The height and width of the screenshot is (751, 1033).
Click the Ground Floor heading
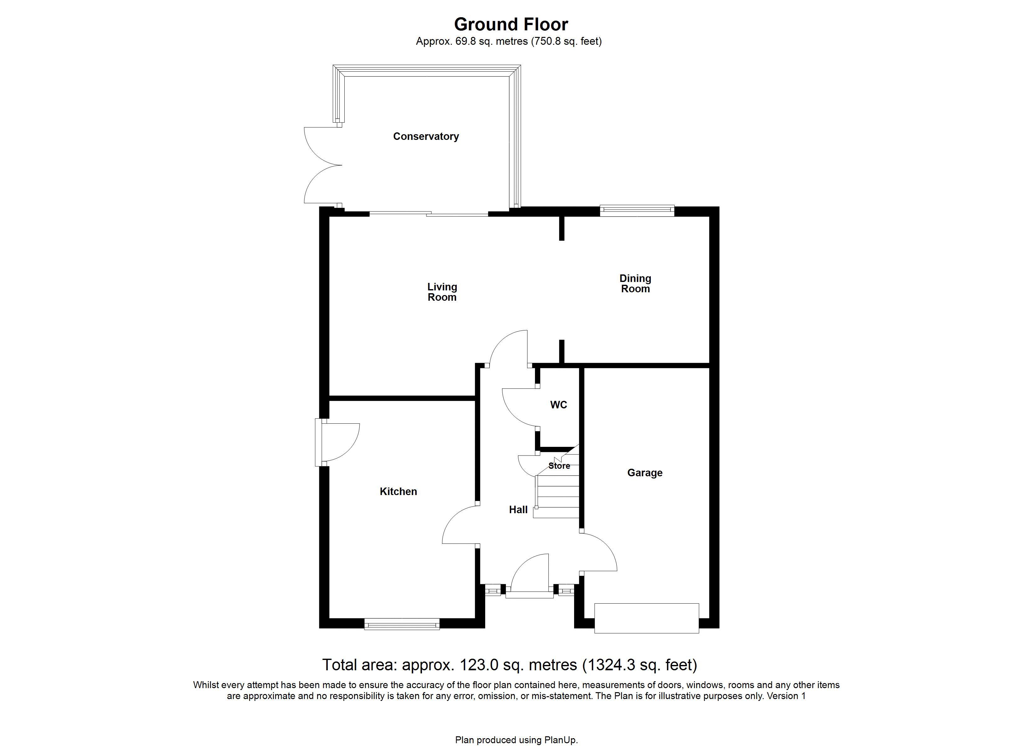tap(511, 24)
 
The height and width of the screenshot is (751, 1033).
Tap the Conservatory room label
tap(426, 136)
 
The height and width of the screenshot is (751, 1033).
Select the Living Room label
tap(442, 292)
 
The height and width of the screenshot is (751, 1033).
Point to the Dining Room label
tap(635, 283)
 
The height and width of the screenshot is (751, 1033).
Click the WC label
tap(558, 405)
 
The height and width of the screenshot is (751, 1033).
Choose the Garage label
tap(645, 473)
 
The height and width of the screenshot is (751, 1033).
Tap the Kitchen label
tap(398, 491)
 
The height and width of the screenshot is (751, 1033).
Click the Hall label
tap(518, 510)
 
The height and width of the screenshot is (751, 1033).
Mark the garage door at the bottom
tap(647, 618)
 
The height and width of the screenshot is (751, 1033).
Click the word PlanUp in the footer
tap(560, 740)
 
